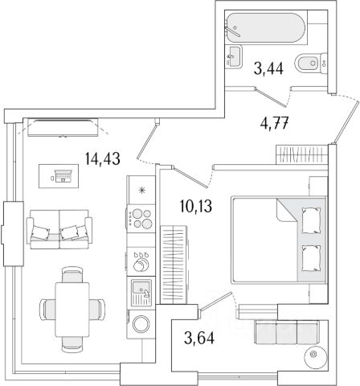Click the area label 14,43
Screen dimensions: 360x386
pos(103,158)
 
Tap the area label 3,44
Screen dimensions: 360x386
pos(268,69)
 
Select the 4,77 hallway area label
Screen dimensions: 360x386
pos(274,124)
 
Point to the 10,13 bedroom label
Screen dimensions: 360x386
pos(196,207)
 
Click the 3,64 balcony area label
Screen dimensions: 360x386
pos(199,338)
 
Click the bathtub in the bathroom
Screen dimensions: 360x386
pos(266,28)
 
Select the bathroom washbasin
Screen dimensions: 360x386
pos(233,56)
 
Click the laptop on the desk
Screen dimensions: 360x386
pos(63,176)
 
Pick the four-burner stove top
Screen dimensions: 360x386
pos(141,219)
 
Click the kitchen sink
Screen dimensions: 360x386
pos(141,292)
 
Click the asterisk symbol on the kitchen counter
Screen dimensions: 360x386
pos(141,191)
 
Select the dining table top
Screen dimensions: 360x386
pos(72,310)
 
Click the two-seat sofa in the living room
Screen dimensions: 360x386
pos(59,229)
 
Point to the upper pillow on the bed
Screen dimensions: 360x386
pos(311,220)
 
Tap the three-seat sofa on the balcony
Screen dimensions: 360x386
pos(286,332)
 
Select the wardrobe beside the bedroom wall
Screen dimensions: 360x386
pos(174,265)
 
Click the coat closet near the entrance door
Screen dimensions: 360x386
pos(302,154)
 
